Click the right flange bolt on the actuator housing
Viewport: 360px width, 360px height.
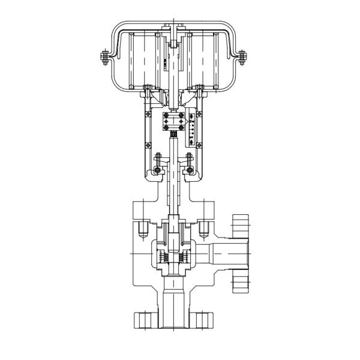tap(242, 58)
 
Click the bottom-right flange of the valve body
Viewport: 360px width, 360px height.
tap(205, 317)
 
